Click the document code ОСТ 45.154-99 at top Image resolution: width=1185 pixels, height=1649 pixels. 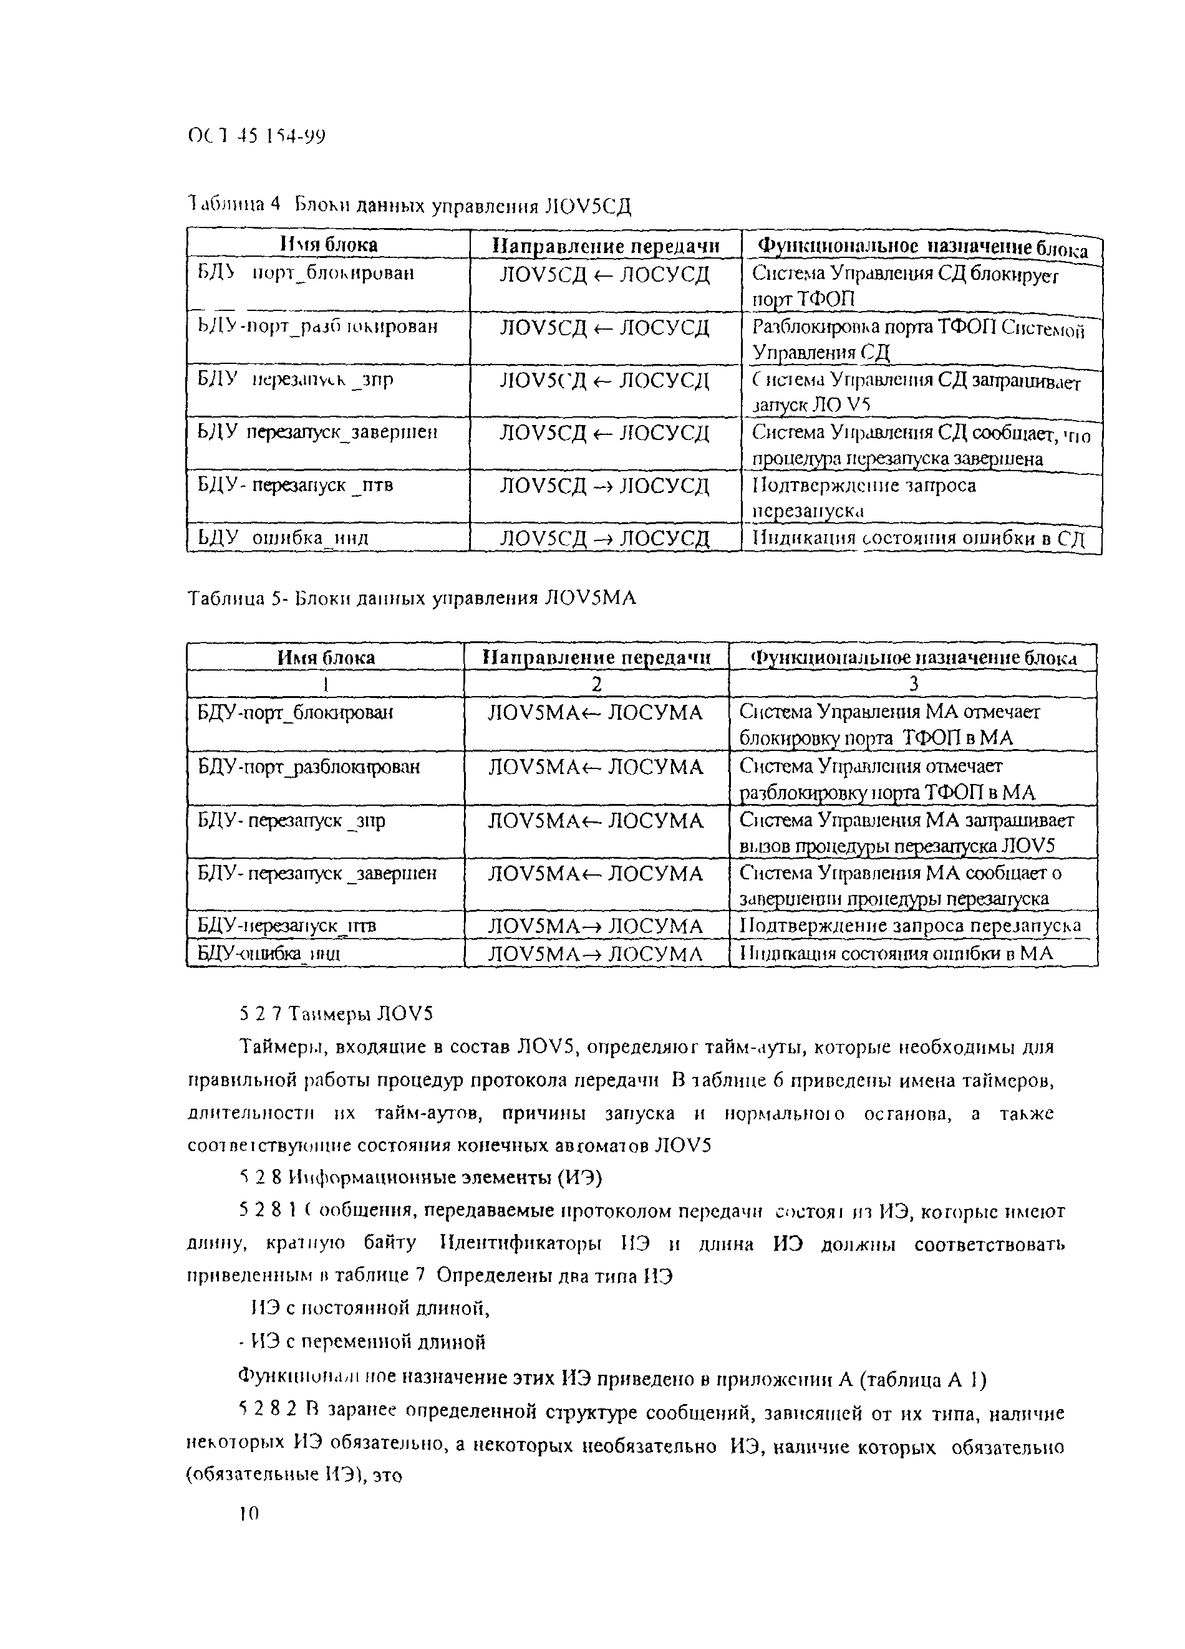[256, 136]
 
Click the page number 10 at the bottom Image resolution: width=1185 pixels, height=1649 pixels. [248, 1513]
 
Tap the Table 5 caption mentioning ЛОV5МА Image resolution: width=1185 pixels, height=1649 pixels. [412, 598]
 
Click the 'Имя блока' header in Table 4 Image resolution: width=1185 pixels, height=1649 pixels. [329, 244]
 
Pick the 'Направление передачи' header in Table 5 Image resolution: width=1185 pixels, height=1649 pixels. [596, 657]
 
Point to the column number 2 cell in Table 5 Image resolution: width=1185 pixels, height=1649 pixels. [596, 684]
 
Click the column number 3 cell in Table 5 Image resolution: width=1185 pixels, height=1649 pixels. [913, 684]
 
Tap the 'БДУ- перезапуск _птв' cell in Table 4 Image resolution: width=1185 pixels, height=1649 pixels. [296, 485]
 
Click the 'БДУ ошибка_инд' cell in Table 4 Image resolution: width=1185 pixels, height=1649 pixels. [284, 538]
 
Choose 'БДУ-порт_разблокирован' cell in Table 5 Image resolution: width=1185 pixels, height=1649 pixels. [309, 767]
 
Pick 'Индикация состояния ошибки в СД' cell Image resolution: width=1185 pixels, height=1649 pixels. [918, 538]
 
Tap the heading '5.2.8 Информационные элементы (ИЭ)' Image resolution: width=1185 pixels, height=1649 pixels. [420, 1177]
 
